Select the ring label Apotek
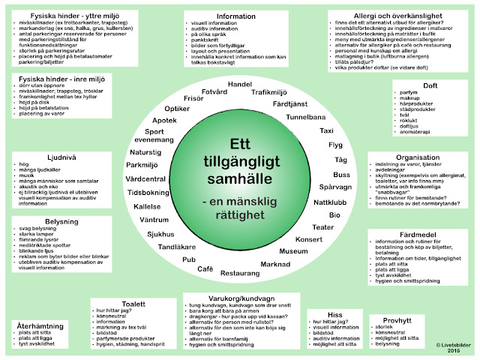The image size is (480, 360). pos(165,120)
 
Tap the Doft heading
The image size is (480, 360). pos(430,86)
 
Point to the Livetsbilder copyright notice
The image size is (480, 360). pos(447,346)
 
